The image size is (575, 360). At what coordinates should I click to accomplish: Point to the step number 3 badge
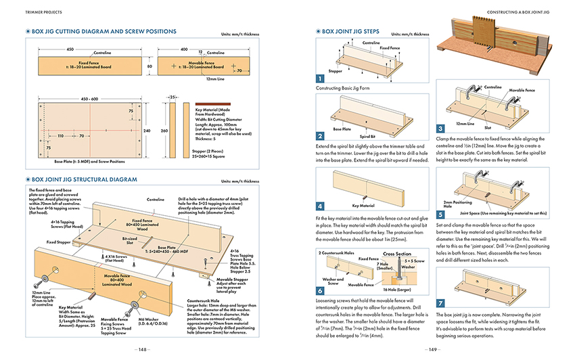coord(440,129)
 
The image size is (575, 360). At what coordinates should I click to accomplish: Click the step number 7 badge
coord(440,304)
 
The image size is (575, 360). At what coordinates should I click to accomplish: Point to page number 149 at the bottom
coord(432,350)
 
